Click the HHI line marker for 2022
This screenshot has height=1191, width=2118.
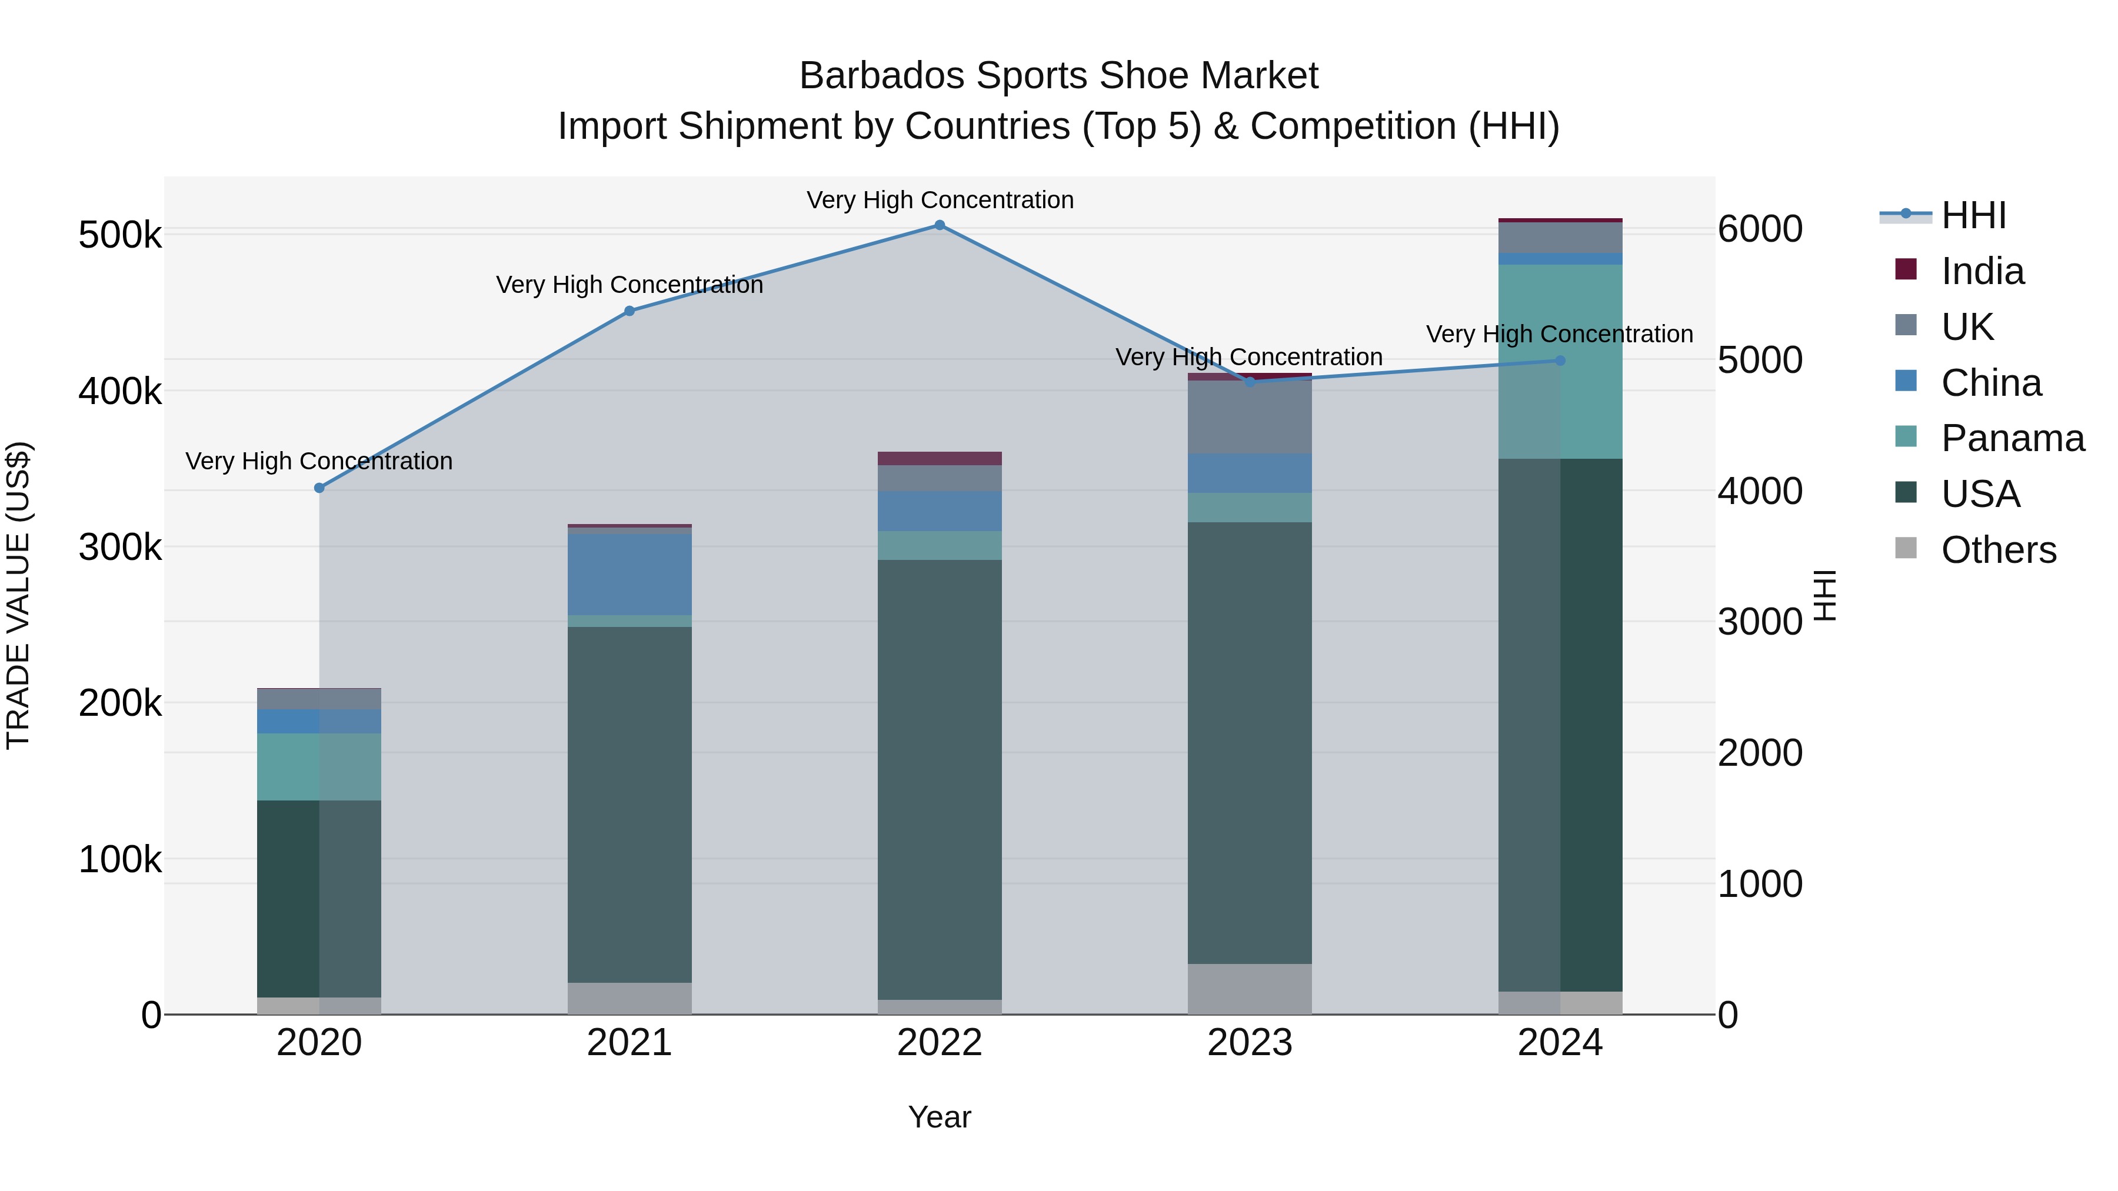(x=940, y=225)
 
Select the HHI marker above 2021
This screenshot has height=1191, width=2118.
(x=630, y=311)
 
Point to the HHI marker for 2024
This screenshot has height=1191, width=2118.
(x=1560, y=361)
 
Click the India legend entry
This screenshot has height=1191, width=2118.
(x=1982, y=271)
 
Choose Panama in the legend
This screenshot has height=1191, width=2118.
(x=2012, y=438)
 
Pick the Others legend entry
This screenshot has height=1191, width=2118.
(x=1998, y=550)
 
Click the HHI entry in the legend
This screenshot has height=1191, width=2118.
(x=1973, y=215)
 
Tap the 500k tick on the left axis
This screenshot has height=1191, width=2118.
(x=120, y=236)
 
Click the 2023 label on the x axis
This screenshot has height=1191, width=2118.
(x=1250, y=1043)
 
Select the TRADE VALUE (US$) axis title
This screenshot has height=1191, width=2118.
(x=18, y=595)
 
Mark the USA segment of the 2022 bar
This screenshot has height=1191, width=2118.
(x=940, y=779)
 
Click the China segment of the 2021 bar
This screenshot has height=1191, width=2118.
(x=630, y=575)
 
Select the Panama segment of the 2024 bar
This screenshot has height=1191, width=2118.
(x=1560, y=362)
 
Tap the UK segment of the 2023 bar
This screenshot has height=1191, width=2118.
(x=1250, y=418)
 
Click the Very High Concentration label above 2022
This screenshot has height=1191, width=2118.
(x=940, y=201)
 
